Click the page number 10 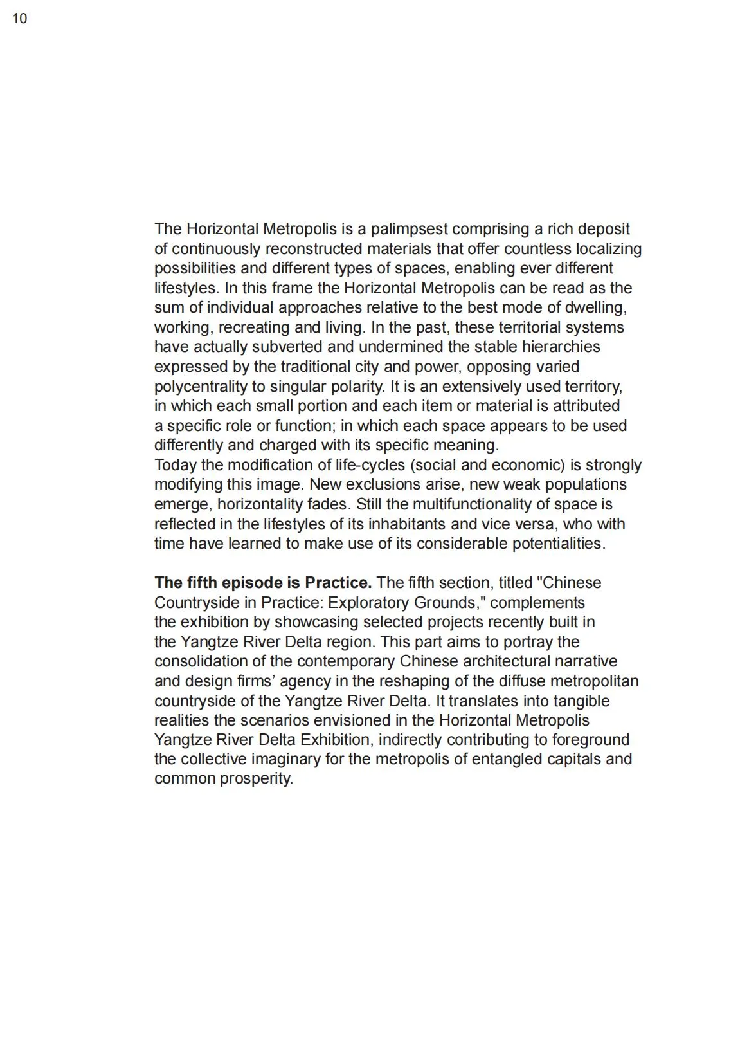click(20, 19)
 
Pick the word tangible click(578, 701)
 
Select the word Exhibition click(335, 740)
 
